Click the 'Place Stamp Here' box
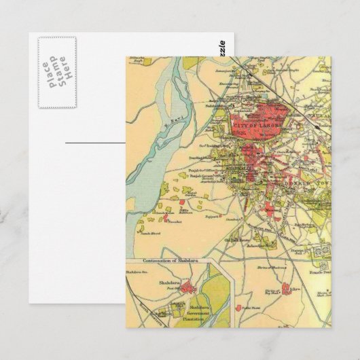coord(56,72)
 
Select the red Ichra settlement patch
coord(286,287)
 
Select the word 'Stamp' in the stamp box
coord(56,72)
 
